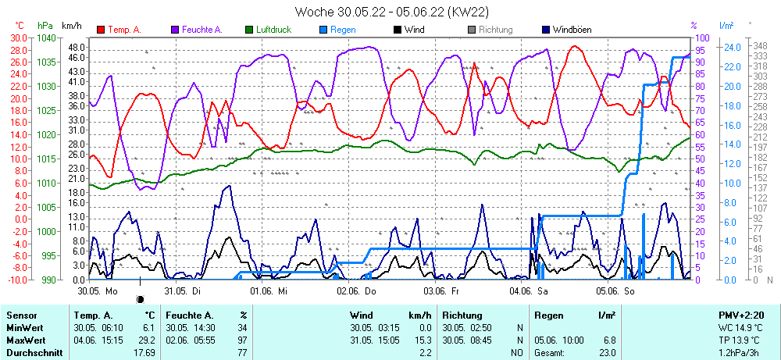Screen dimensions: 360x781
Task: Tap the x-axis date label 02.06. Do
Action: click(x=357, y=290)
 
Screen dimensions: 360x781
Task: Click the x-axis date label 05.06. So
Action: click(x=615, y=290)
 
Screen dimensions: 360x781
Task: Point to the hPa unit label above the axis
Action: click(x=45, y=26)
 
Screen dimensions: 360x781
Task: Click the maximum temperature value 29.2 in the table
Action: click(x=148, y=340)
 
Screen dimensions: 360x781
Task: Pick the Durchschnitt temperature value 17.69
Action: click(x=145, y=353)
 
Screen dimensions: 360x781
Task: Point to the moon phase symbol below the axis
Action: click(x=141, y=298)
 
